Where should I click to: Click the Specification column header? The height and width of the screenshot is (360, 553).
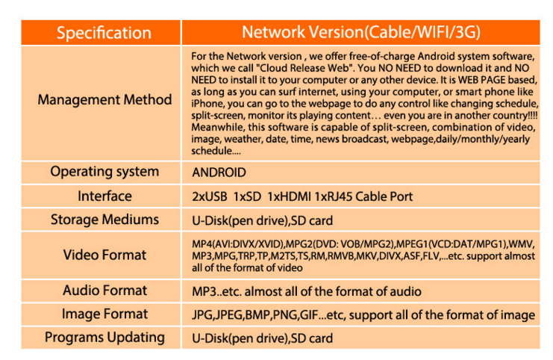[x=104, y=33]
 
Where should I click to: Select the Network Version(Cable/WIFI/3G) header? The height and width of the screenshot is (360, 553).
[x=361, y=32]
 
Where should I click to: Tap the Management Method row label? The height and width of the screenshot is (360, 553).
[x=104, y=99]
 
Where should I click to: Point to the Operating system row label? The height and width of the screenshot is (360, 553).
[x=104, y=172]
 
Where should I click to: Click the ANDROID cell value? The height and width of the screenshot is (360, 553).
[x=219, y=173]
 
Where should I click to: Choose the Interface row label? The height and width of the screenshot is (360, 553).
[x=104, y=196]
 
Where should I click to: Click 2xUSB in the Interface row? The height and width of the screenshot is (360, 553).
[x=210, y=196]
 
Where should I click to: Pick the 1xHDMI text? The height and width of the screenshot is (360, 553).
[x=290, y=196]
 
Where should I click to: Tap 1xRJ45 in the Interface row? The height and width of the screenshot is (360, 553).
[x=334, y=196]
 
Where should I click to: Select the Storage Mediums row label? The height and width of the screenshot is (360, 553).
[x=104, y=220]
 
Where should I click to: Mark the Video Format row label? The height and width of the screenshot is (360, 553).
[x=104, y=255]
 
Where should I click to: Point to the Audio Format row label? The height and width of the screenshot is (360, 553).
[x=104, y=291]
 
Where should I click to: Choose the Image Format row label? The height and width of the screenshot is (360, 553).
[x=104, y=314]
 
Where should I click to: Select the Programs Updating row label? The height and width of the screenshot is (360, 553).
[x=104, y=338]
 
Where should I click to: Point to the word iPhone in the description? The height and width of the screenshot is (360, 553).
[x=207, y=104]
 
